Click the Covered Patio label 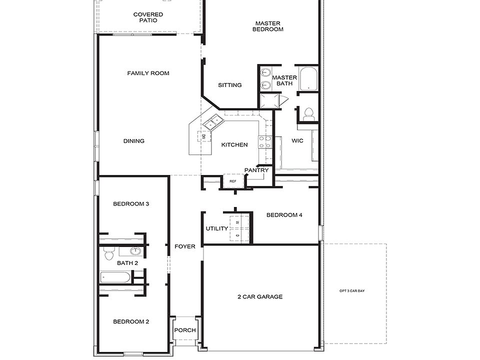[148, 17]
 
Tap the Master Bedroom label [268, 26]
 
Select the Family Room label [148, 73]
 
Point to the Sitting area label [230, 85]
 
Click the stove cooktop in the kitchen [264, 142]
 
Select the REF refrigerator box [233, 181]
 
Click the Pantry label [256, 170]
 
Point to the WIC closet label [297, 141]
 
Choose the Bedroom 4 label [284, 215]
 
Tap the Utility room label [217, 228]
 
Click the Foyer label [185, 246]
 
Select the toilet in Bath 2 [109, 255]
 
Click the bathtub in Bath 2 [115, 277]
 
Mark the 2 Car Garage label [260, 297]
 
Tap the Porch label [185, 330]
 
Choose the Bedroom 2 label [131, 322]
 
